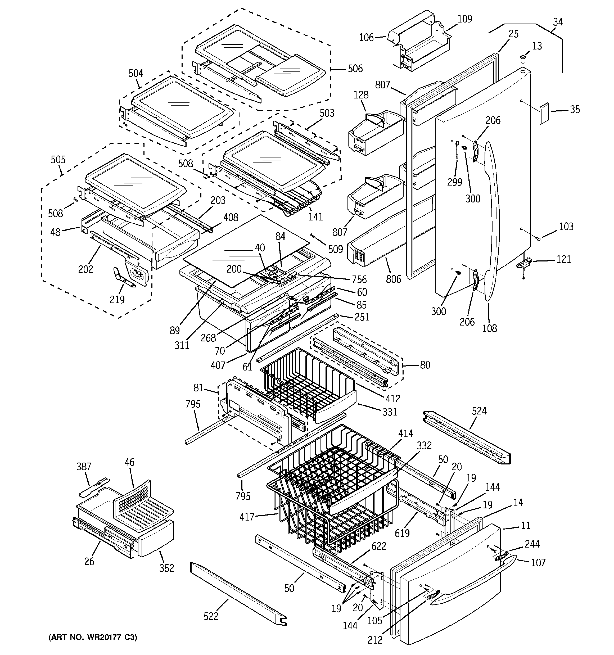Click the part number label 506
(x=355, y=69)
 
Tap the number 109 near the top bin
(x=465, y=19)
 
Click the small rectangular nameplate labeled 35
(x=544, y=114)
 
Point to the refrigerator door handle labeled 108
(x=493, y=221)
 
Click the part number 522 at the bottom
(x=211, y=616)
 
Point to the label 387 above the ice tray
(x=84, y=467)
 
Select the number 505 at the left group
(x=58, y=160)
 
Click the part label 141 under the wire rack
(x=315, y=217)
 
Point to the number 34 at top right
(x=558, y=22)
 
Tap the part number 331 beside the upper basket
(x=390, y=412)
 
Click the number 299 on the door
(x=454, y=182)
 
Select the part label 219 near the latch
(x=117, y=300)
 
